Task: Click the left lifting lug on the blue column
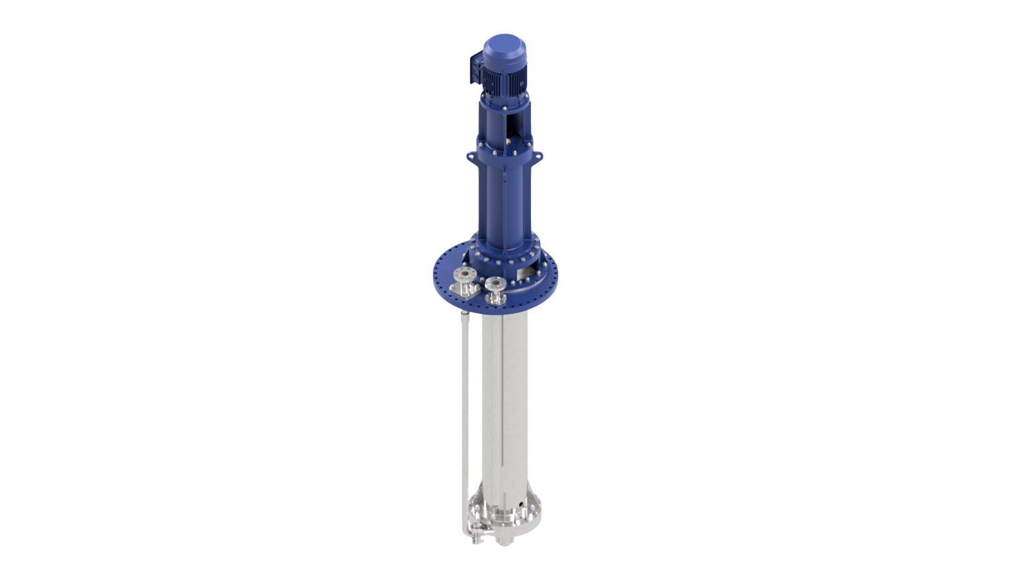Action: coord(470,155)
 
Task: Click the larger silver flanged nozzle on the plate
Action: coord(463,280)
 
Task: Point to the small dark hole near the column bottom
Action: coord(520,503)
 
